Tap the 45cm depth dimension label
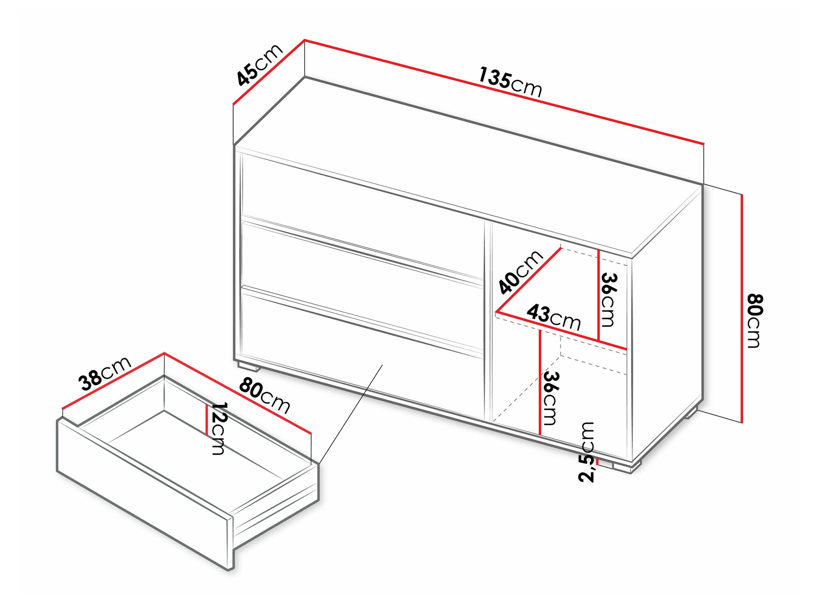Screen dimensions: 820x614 point(260,65)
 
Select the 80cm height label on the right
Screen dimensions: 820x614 point(754,321)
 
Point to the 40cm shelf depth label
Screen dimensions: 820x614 point(520,272)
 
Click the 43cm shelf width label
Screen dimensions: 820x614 point(553,317)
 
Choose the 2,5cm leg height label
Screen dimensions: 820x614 point(586,452)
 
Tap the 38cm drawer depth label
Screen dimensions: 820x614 point(105,374)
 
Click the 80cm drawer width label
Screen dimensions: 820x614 point(264,396)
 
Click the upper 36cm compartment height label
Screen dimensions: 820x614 point(609,300)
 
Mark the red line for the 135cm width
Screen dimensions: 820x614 point(504,92)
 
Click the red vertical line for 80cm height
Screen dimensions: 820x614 point(742,308)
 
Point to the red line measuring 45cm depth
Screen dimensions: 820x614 point(269,72)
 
